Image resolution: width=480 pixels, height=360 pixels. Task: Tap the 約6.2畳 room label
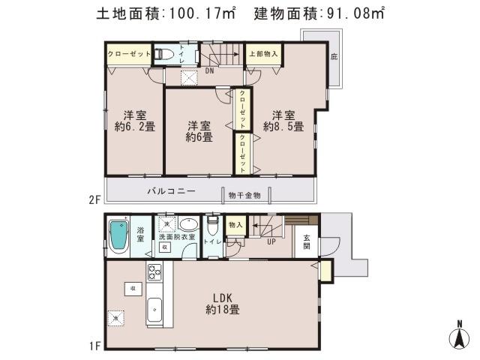pos(134,121)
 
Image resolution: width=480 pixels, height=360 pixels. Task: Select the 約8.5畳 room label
pos(283,121)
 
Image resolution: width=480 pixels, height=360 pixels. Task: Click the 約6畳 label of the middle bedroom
pos(199,131)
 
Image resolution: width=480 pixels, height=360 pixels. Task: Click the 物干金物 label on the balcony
pos(244,195)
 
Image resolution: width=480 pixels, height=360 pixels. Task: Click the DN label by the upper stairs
pos(209,71)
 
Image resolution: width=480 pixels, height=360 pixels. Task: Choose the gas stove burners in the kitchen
pos(153,271)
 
